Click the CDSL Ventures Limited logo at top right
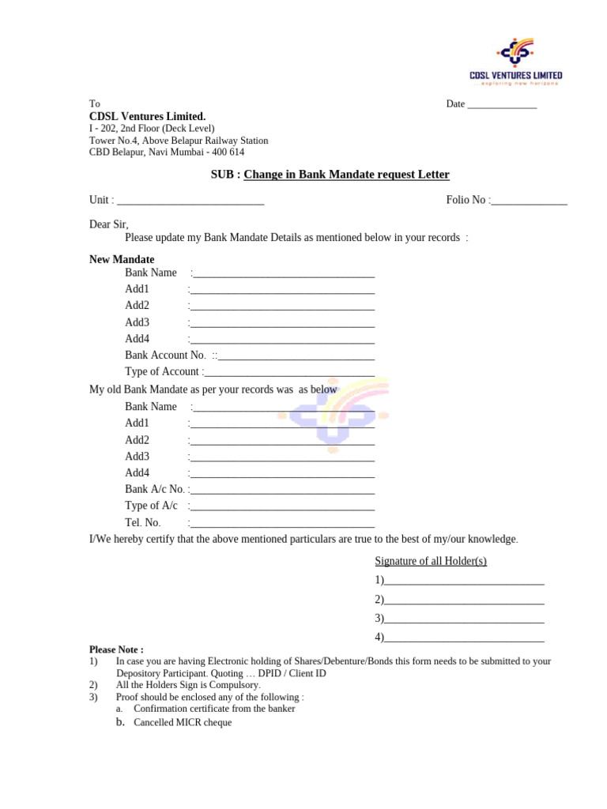tap(515, 60)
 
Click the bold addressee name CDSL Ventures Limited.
tap(147, 117)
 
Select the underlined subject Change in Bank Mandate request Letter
tap(346, 175)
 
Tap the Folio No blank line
tap(529, 201)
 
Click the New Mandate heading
tap(122, 259)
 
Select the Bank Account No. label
tap(165, 356)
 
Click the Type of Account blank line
tap(289, 372)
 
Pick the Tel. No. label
tap(142, 523)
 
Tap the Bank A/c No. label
tap(154, 490)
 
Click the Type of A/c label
tap(151, 506)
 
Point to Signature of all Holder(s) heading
tap(431, 561)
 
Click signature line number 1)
tap(464, 581)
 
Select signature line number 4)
tap(464, 638)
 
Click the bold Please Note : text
tap(116, 649)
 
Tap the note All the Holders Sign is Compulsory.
tap(187, 685)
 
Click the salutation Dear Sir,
tap(108, 224)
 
